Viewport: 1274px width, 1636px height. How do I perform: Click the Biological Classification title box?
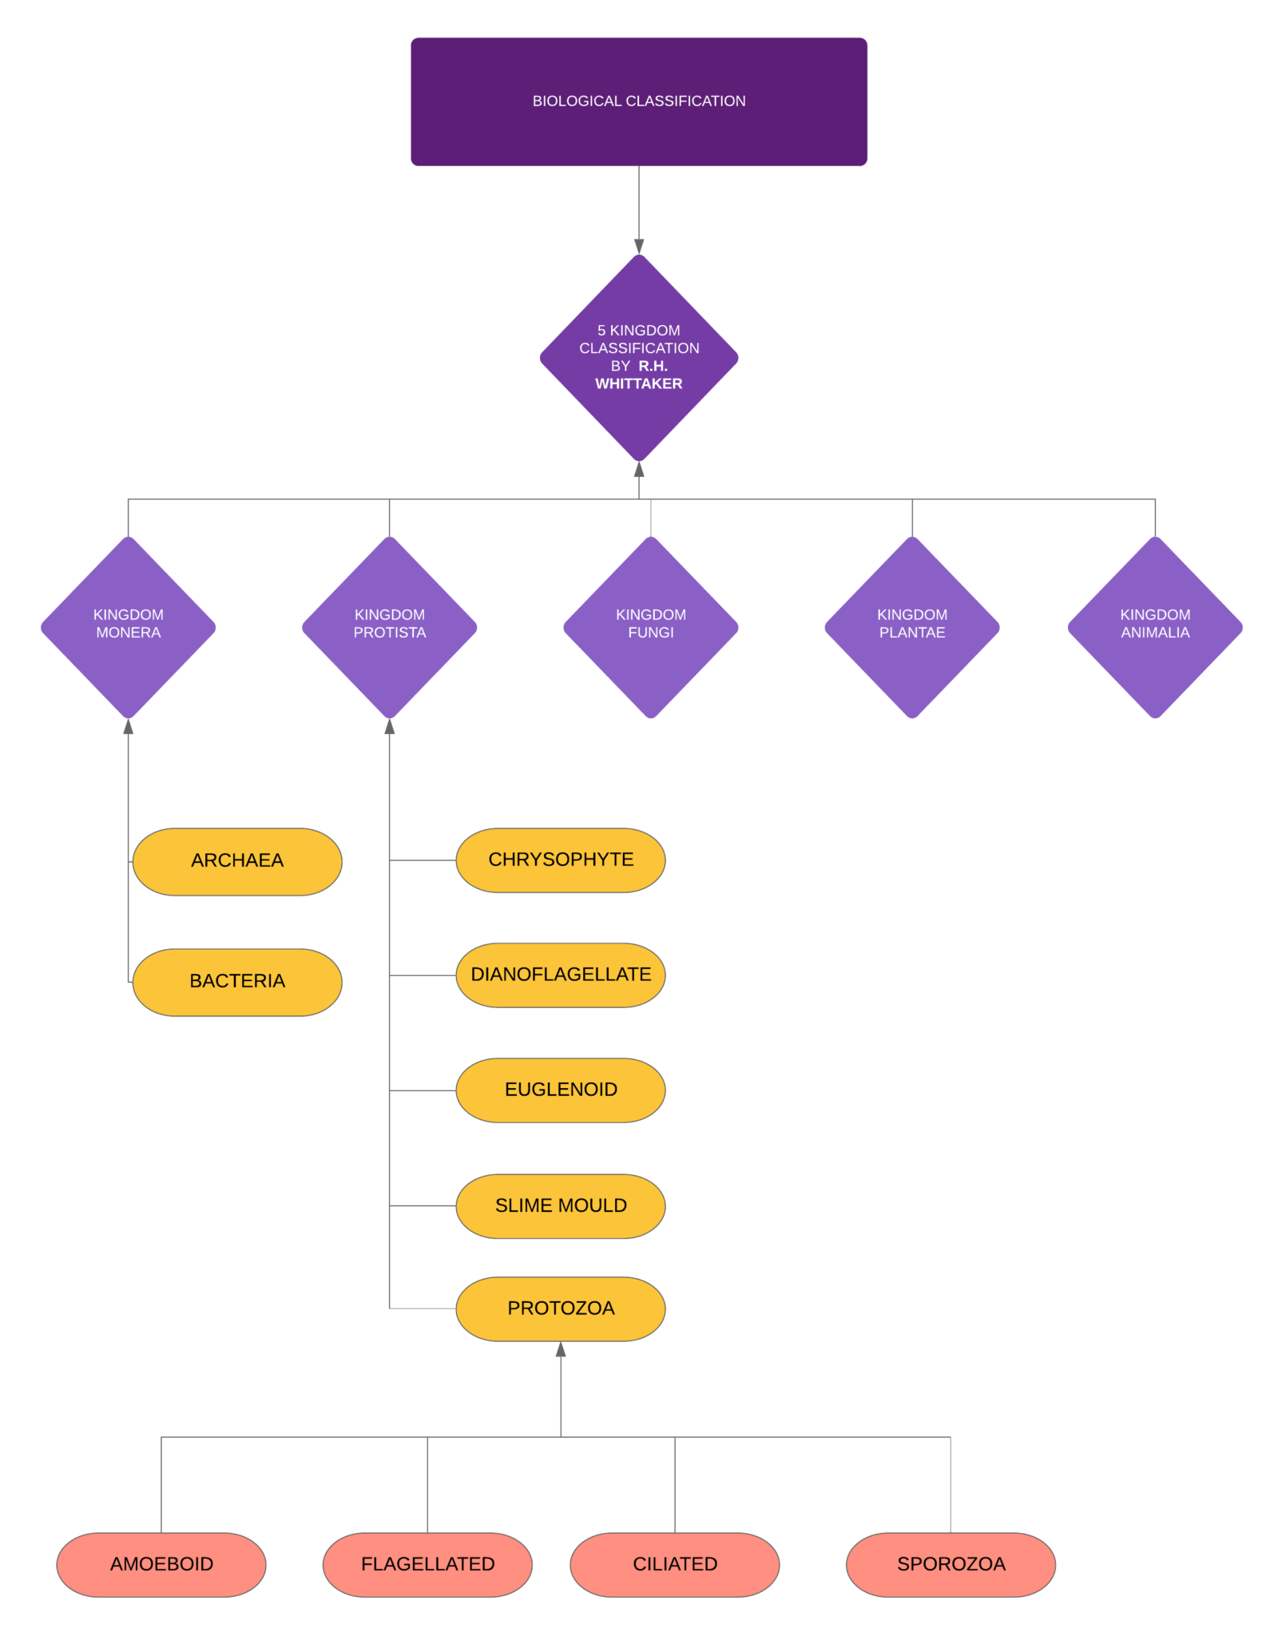(x=639, y=101)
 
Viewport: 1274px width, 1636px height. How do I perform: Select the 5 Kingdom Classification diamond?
(x=639, y=357)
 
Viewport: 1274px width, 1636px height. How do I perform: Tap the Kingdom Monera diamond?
(x=129, y=627)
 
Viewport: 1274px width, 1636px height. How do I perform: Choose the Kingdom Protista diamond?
(x=390, y=627)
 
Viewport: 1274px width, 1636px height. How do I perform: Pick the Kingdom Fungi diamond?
(x=651, y=627)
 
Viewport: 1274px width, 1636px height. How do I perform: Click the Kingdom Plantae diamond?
(x=912, y=627)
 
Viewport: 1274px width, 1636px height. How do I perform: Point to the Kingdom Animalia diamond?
(x=1155, y=627)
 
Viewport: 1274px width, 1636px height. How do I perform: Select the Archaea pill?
(x=237, y=861)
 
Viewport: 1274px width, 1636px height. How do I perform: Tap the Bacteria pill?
(x=237, y=982)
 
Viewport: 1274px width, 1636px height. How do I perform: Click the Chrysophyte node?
(x=561, y=860)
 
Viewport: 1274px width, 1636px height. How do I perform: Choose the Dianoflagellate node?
(x=561, y=975)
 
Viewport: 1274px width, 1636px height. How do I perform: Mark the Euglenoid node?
(x=561, y=1090)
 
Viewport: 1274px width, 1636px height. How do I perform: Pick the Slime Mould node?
(x=561, y=1206)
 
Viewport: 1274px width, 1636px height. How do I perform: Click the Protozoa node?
(x=561, y=1308)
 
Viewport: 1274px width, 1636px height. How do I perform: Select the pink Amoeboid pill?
(x=161, y=1565)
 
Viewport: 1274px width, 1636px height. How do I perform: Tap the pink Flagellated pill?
(x=427, y=1565)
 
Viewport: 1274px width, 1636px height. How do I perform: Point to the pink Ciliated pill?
(x=675, y=1565)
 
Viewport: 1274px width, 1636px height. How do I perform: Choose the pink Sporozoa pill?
(x=951, y=1565)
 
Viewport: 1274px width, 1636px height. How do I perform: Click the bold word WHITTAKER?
(x=639, y=384)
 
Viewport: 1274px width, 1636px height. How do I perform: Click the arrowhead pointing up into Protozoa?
(x=561, y=1349)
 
